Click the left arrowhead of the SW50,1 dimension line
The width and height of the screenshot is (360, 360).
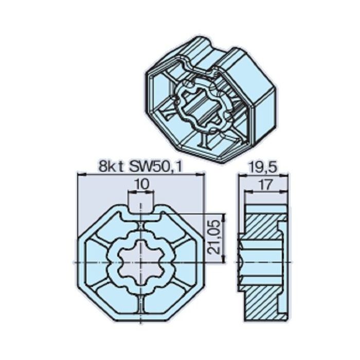(80, 175)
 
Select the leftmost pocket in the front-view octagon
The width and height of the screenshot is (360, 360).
(94, 263)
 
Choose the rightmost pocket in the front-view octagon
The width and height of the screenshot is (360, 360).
(188, 263)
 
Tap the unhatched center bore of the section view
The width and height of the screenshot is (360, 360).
(252, 263)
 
